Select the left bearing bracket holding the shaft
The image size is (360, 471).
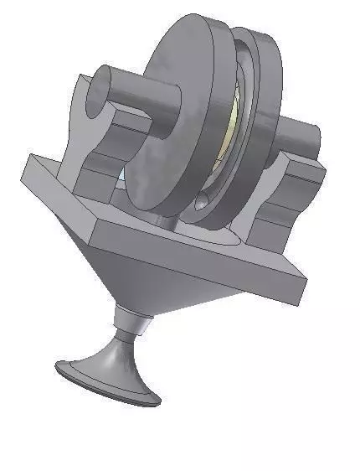[x=88, y=134]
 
